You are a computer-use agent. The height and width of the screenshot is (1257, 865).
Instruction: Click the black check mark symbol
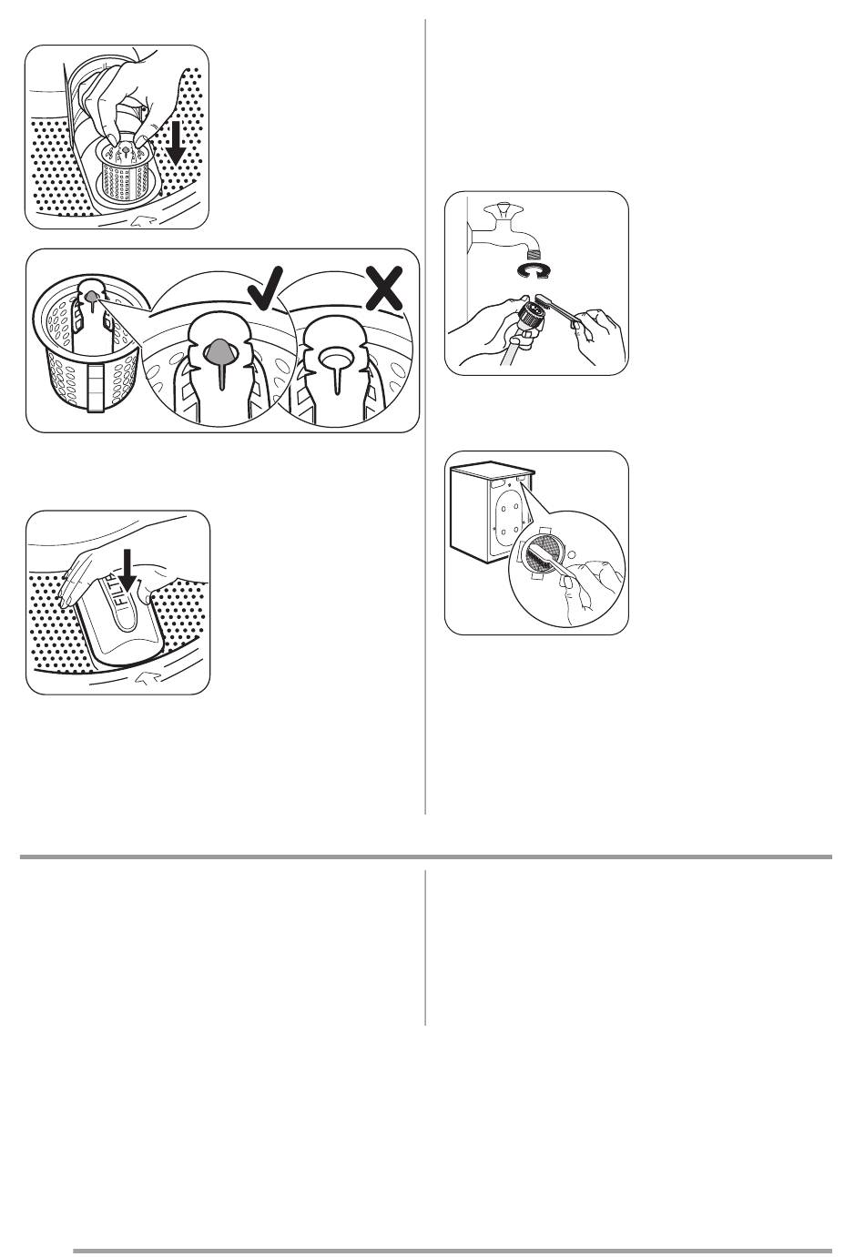pos(264,289)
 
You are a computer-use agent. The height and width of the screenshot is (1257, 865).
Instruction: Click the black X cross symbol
pos(383,288)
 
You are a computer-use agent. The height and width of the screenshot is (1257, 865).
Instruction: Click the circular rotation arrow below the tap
pos(532,270)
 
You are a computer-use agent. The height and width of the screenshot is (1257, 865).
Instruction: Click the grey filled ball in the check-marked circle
pos(219,351)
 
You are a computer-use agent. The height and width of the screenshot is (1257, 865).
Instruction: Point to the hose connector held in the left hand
pos(529,314)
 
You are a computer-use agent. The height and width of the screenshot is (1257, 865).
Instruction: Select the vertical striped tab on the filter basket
pos(95,387)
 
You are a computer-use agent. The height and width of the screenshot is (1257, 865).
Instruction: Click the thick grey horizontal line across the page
pos(425,857)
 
